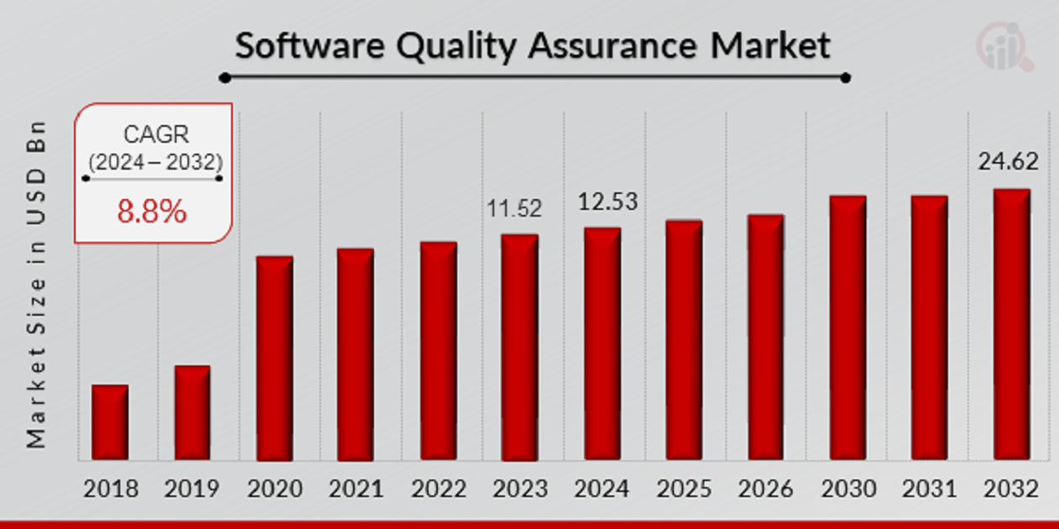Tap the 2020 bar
point(274,359)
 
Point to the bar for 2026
point(765,338)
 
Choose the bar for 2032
point(1010,325)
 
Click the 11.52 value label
point(515,208)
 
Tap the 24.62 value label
point(1009,161)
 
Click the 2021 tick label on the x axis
point(356,489)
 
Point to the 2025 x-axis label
point(684,489)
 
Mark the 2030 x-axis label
point(848,489)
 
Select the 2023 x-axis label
point(519,489)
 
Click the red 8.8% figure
point(151,212)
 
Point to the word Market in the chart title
point(770,45)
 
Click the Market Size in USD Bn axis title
point(35,284)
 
